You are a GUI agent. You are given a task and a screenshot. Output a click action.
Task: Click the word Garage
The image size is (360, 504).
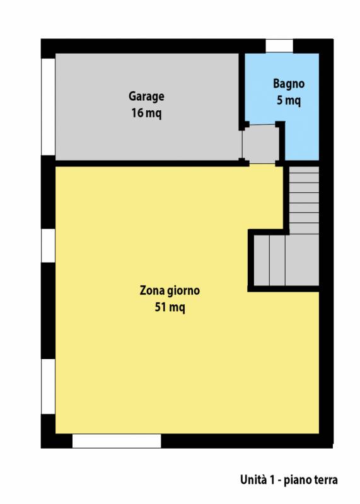[146, 96]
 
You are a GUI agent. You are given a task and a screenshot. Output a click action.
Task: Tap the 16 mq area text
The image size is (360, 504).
[146, 113]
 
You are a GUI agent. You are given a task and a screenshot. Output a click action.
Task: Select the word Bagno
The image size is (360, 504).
[289, 84]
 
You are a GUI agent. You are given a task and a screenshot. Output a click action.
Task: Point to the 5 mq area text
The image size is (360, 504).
[289, 100]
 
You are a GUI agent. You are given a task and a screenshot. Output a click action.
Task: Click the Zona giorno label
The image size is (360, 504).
[170, 290]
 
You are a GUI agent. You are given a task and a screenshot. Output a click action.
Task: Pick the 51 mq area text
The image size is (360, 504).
[170, 307]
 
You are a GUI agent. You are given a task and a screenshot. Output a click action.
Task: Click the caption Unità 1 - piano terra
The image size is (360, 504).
[289, 480]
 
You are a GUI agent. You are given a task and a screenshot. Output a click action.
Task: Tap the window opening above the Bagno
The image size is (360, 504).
[279, 45]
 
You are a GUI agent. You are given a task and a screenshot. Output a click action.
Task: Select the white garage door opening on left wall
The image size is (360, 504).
[49, 106]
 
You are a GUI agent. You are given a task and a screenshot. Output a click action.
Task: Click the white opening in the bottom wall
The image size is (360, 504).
[117, 440]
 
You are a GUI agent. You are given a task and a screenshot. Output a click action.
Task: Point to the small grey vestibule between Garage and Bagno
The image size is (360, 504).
[260, 144]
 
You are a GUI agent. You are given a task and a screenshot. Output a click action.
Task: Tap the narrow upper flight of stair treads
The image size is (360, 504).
[304, 200]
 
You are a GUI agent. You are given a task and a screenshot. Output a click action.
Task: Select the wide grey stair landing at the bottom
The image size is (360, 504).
[286, 260]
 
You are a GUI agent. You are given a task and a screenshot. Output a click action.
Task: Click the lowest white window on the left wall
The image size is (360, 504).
[49, 386]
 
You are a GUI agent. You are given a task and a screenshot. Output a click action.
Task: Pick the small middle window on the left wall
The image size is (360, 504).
[49, 246]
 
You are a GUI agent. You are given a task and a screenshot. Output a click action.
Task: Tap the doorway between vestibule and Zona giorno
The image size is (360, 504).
[262, 164]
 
